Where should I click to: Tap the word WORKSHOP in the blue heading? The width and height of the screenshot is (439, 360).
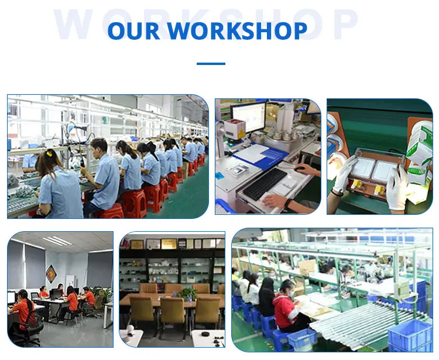(x=238, y=30)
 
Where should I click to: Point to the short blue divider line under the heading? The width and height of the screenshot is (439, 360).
(x=211, y=64)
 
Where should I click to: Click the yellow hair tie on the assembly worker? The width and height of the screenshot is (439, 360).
(x=50, y=153)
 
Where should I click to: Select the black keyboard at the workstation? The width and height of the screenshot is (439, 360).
(x=265, y=184)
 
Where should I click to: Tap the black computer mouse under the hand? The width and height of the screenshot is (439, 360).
(x=300, y=169)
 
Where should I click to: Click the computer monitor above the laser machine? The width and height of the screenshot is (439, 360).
(x=249, y=117)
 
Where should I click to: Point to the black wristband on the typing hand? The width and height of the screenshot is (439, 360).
(x=287, y=203)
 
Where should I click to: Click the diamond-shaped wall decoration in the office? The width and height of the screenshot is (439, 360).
(x=52, y=274)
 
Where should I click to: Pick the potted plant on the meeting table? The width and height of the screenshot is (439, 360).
(x=187, y=294)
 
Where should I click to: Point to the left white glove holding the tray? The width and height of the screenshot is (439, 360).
(x=342, y=174)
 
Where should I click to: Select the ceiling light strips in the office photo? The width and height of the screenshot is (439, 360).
(x=57, y=241)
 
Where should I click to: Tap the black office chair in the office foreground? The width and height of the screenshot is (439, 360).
(x=26, y=334)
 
